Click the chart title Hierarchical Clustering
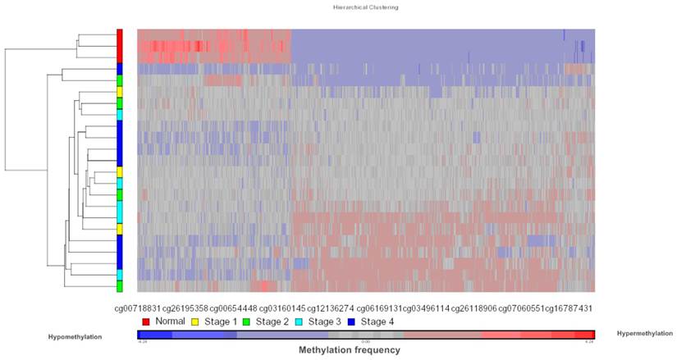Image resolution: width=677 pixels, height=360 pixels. [366, 7]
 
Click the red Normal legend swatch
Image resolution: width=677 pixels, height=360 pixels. [145, 321]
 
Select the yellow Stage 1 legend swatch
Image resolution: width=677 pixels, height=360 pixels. [196, 321]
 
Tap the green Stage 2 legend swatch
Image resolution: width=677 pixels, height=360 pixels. [247, 321]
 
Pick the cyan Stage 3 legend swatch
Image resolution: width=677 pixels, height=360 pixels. [298, 321]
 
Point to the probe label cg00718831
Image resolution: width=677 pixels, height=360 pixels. [138, 308]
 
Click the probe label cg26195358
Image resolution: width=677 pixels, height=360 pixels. [185, 308]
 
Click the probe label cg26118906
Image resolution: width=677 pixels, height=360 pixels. [473, 308]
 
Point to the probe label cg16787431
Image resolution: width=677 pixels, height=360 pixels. [570, 308]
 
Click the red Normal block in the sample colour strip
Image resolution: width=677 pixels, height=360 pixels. [120, 45]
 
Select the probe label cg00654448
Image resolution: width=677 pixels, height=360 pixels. [234, 308]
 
